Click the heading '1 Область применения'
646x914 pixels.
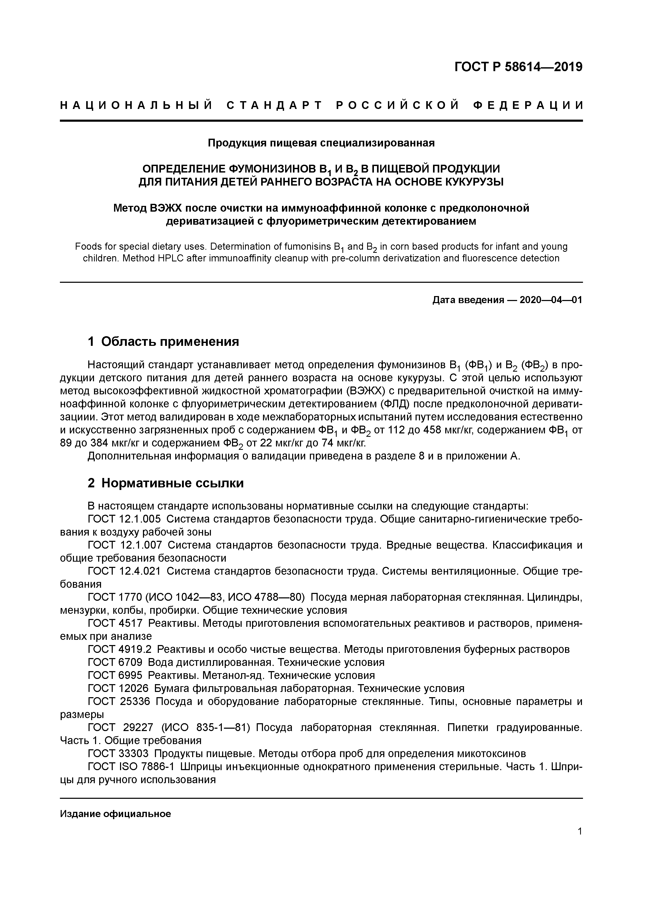(163, 342)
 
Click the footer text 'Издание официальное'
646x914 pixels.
(115, 814)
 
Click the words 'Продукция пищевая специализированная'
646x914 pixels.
(321, 143)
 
